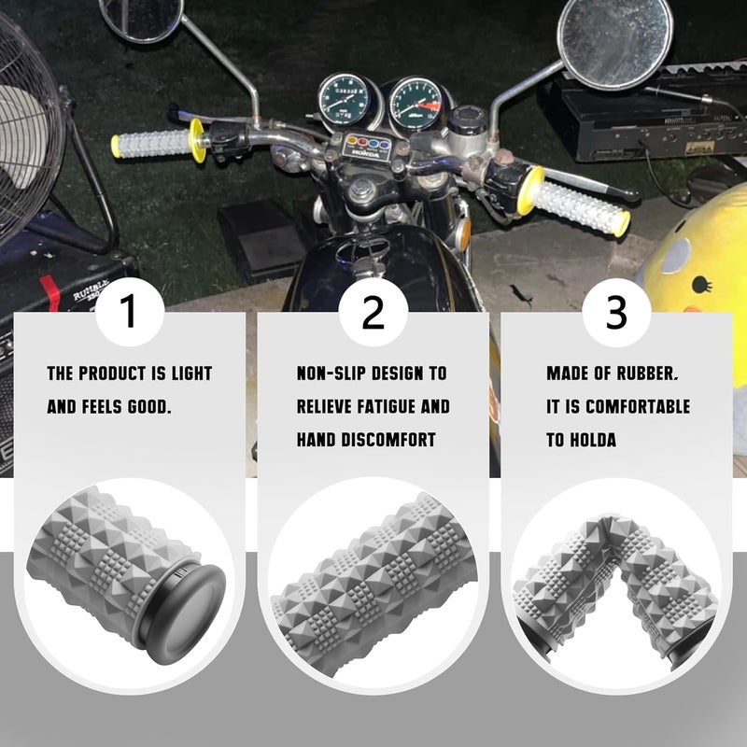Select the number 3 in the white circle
616,314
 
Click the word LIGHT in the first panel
191,374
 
